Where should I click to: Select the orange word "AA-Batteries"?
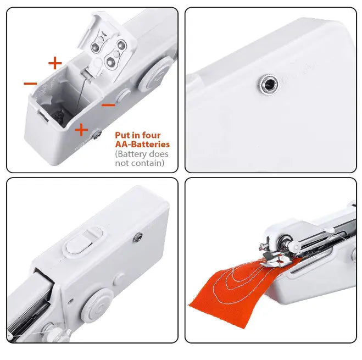(x=142, y=144)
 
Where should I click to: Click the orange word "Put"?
(x=122, y=135)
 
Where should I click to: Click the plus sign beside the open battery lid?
(x=55, y=63)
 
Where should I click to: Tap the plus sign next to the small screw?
(x=81, y=130)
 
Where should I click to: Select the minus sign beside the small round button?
(x=108, y=104)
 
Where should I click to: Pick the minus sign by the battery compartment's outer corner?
(x=31, y=84)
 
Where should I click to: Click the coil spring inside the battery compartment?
(x=59, y=116)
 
